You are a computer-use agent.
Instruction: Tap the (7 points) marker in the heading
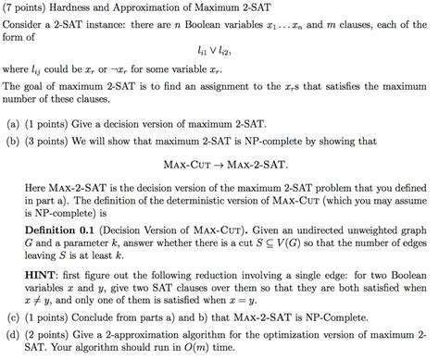point(31,9)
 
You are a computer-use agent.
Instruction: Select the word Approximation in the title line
point(170,9)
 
